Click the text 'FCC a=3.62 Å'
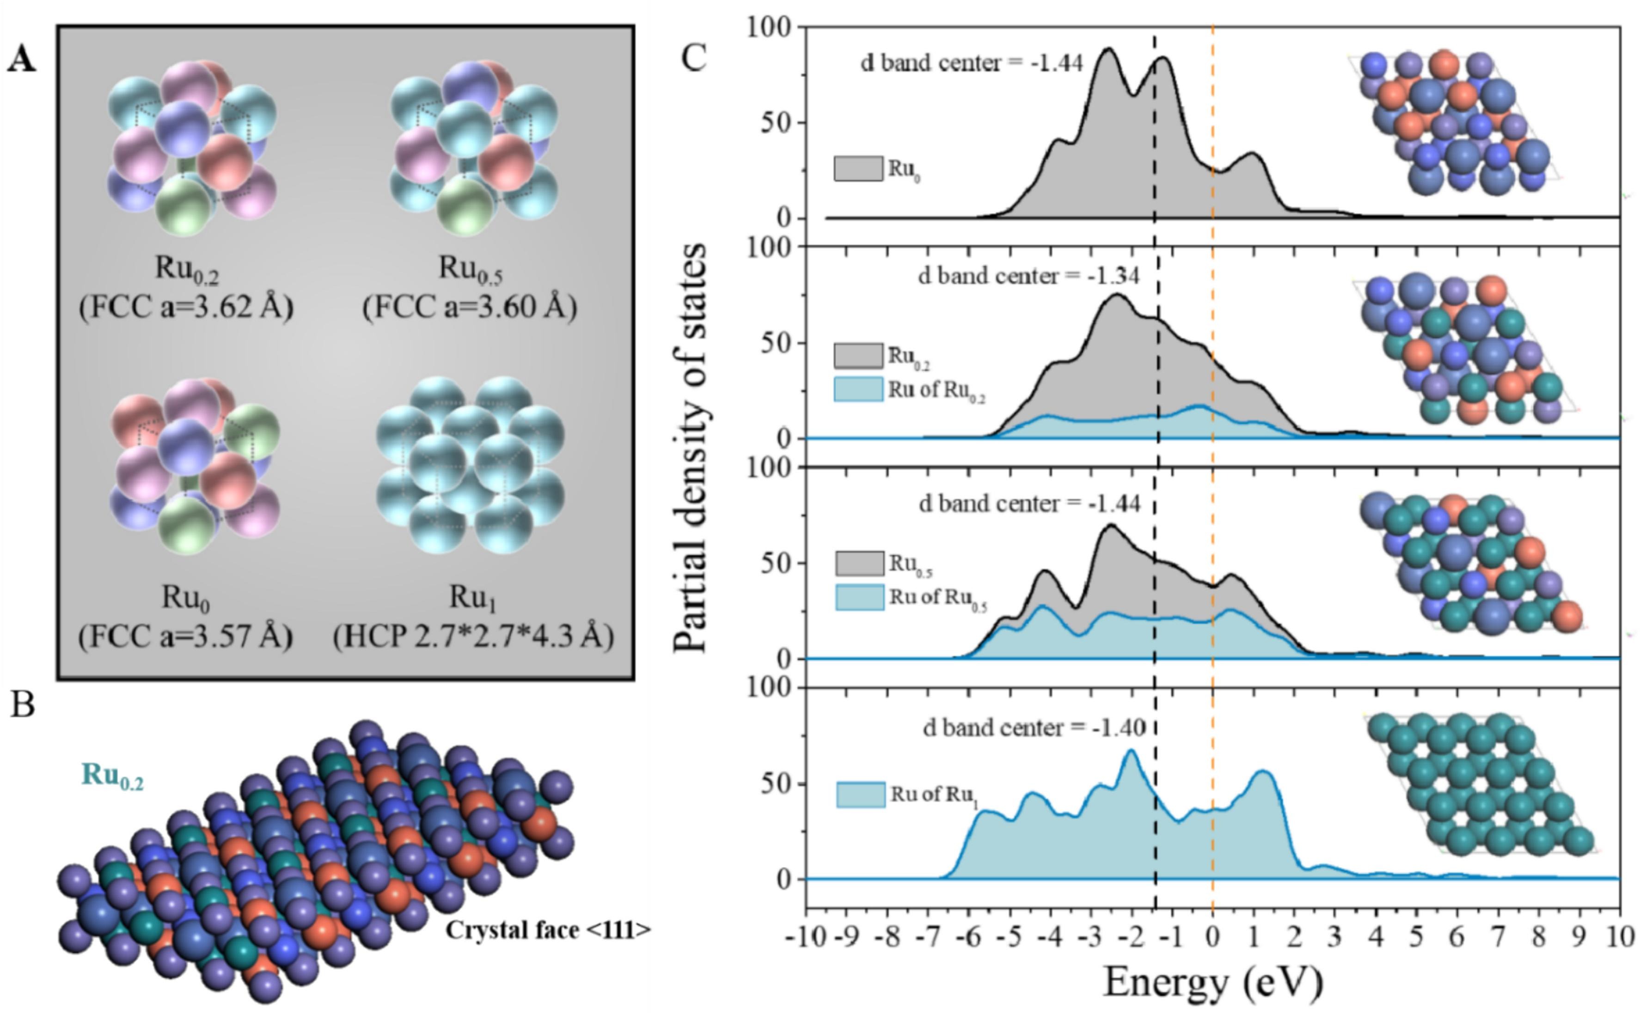186,308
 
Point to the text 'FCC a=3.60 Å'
470,308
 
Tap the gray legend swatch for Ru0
858,168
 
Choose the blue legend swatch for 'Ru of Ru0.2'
858,389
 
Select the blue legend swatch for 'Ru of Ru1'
860,795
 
